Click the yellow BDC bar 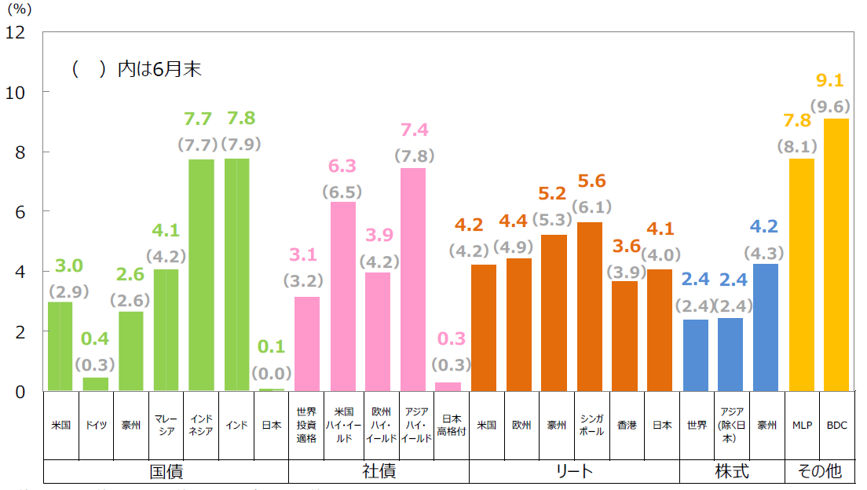836,254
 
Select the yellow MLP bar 801,275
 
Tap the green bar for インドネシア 201,275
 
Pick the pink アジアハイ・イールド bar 413,280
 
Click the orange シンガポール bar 589,306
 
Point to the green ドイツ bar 96,384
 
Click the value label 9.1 830,80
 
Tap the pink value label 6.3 342,166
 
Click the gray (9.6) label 830,105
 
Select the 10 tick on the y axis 15,92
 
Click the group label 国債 166,471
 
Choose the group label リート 574,471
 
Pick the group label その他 819,471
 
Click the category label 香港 626,425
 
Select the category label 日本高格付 452,425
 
